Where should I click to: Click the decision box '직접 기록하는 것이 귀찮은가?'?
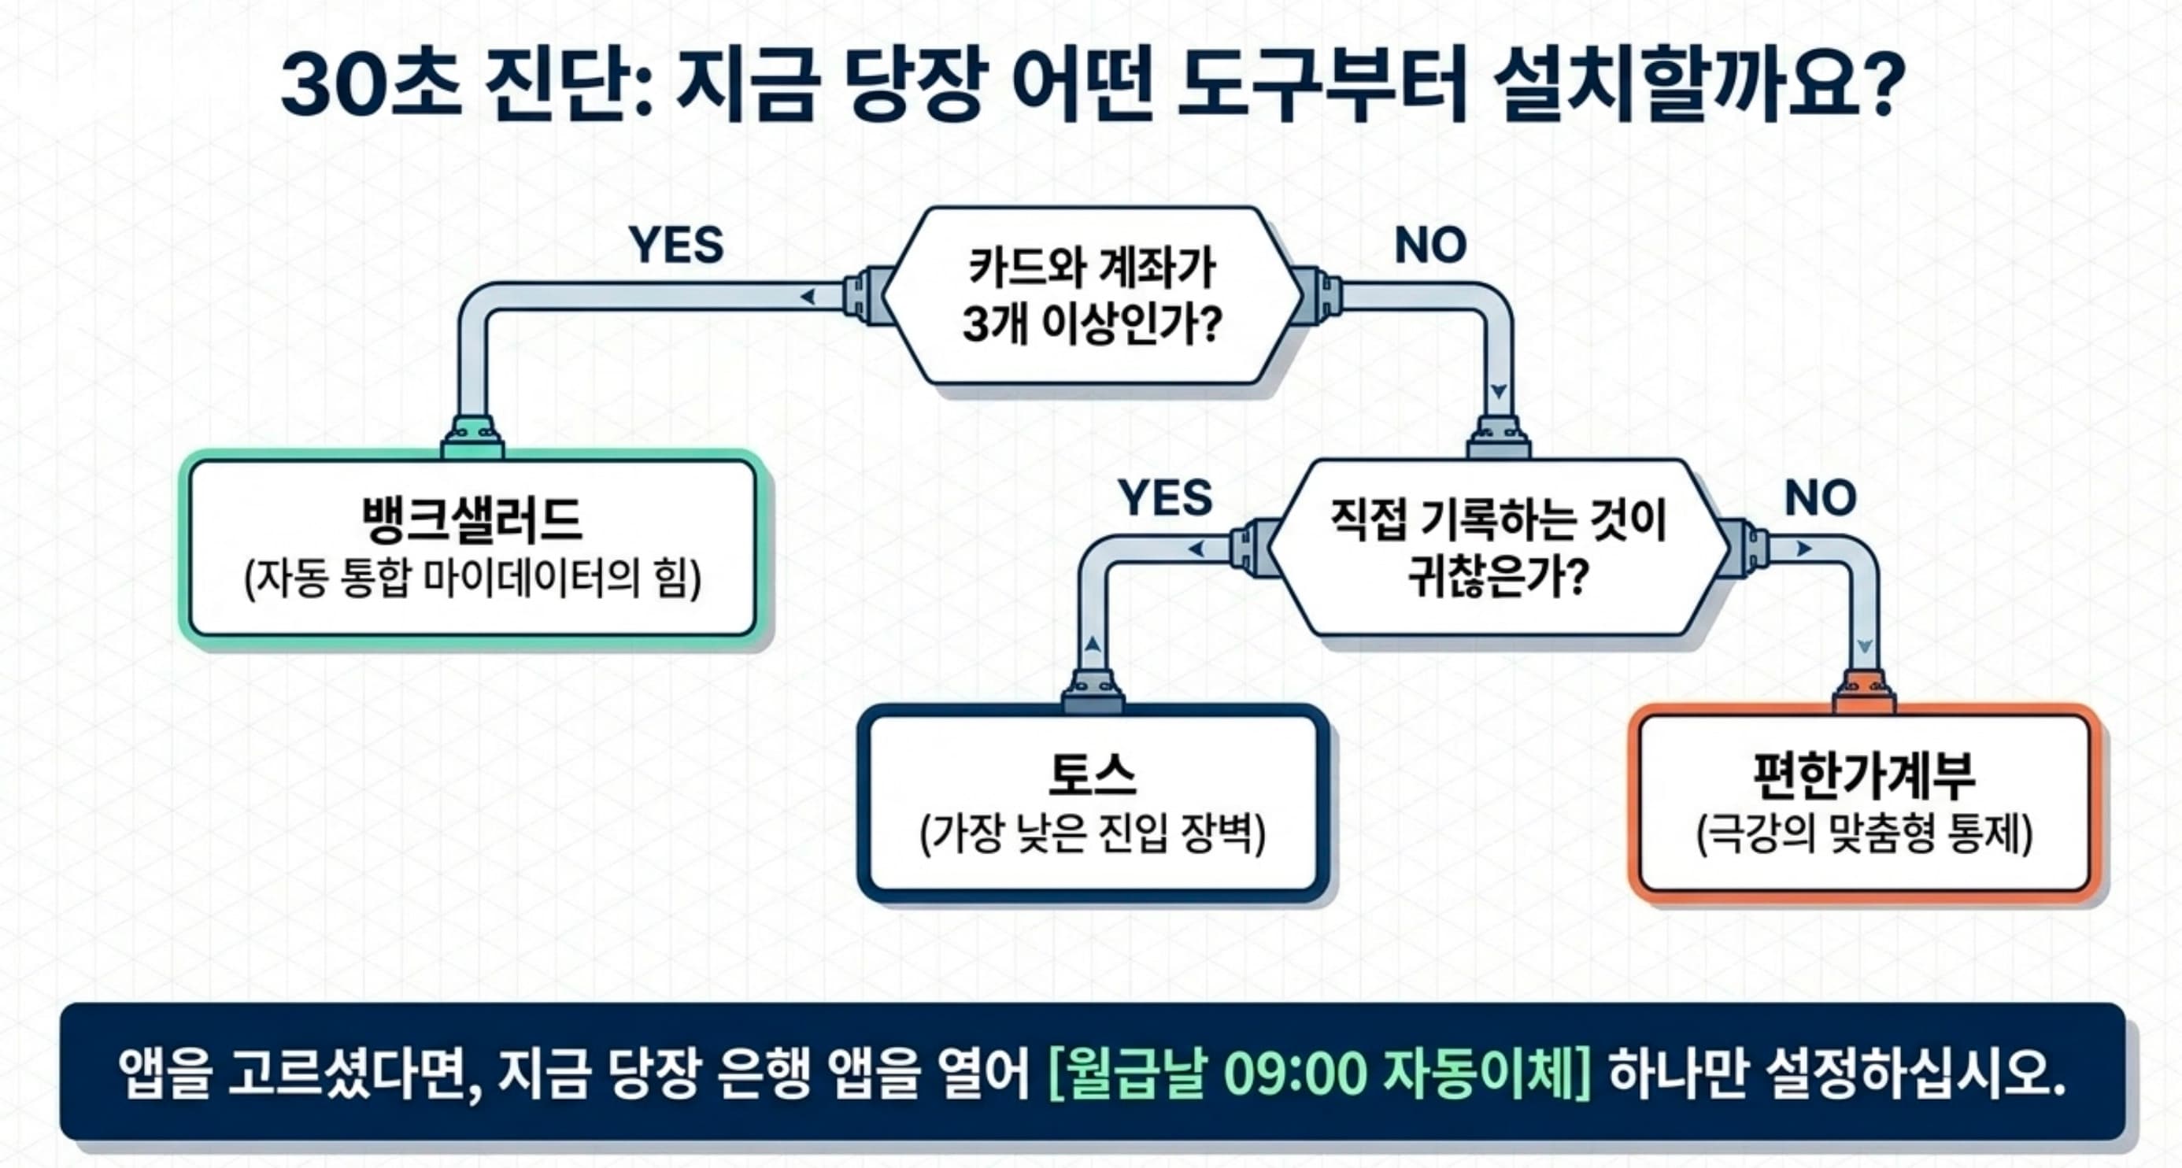tap(1498, 548)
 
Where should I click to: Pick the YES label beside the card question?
tap(676, 246)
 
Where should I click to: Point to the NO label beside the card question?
tap(1429, 246)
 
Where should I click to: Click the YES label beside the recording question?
tap(1165, 498)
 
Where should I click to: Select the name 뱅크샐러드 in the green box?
tap(472, 520)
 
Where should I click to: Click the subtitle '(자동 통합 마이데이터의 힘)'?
tap(472, 580)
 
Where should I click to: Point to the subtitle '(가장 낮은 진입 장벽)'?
tap(1092, 833)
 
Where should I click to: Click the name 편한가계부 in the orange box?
tap(1863, 775)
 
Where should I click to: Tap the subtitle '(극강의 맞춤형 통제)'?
tap(1863, 835)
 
